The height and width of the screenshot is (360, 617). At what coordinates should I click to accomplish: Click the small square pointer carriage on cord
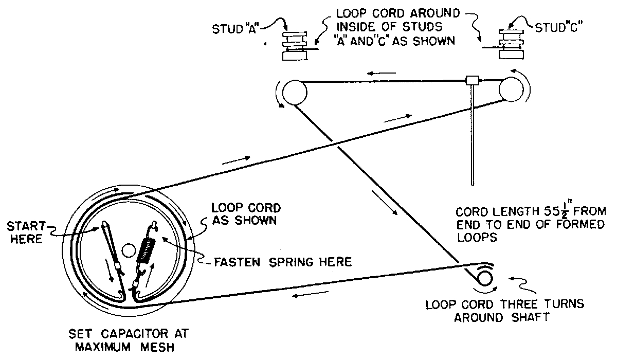471,80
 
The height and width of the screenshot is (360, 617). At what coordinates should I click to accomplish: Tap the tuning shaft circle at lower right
484,279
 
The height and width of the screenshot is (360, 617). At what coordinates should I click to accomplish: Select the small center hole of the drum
127,251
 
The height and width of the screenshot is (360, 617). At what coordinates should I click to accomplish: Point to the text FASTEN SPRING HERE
282,262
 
